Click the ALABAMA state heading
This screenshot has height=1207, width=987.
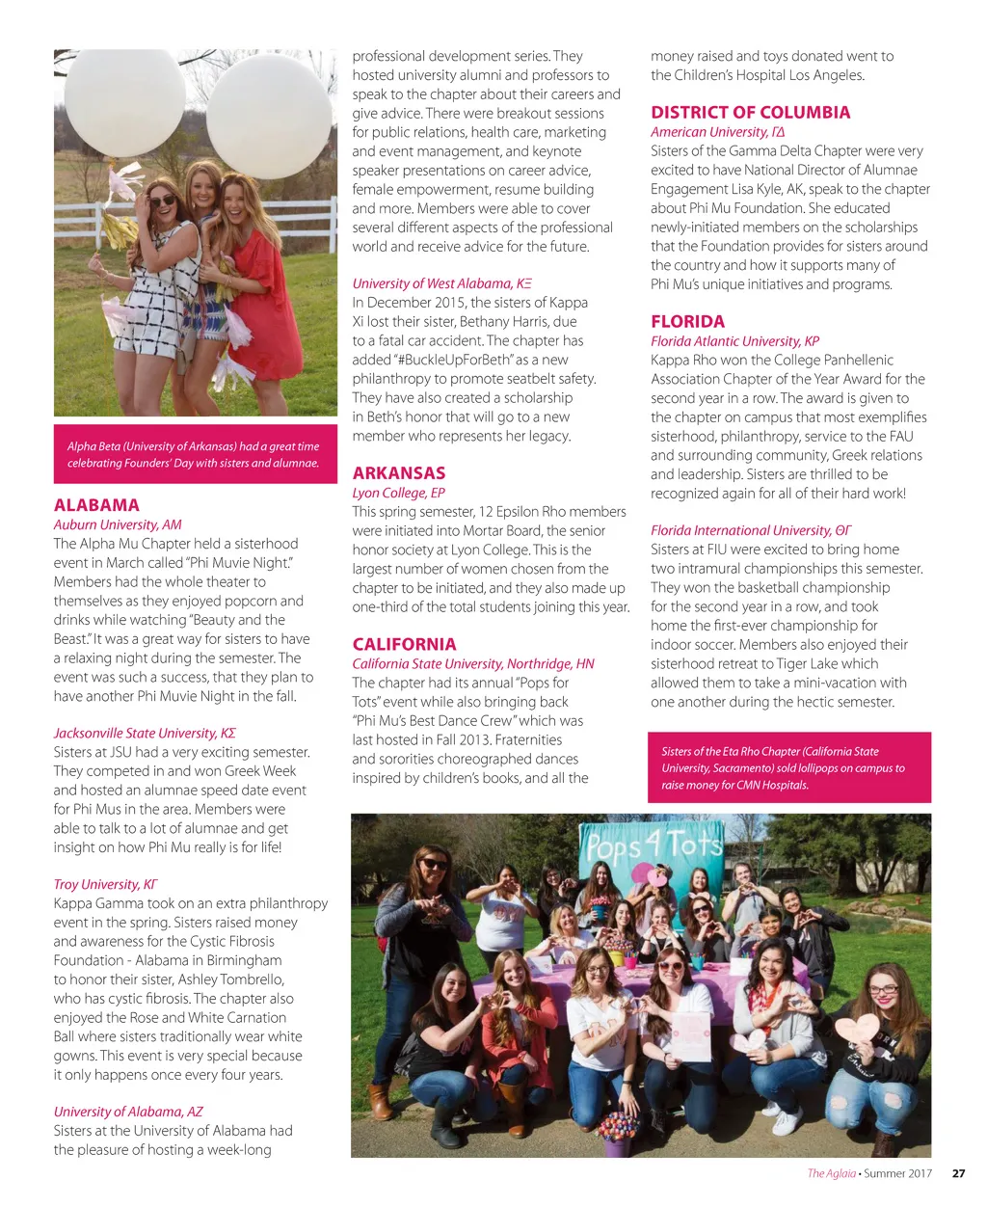96,505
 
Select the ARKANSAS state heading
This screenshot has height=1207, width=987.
399,473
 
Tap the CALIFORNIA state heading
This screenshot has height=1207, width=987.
404,644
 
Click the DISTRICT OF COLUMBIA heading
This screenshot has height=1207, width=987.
750,113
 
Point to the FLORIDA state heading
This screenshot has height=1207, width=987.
687,322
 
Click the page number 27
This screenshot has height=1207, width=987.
958,1173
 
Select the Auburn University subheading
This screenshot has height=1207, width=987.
118,524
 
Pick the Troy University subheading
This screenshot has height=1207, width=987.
105,884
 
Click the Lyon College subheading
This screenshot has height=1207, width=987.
398,493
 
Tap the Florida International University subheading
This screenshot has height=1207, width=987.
751,530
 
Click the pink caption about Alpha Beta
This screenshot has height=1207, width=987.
195,454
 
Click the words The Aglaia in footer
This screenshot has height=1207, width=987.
831,1173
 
